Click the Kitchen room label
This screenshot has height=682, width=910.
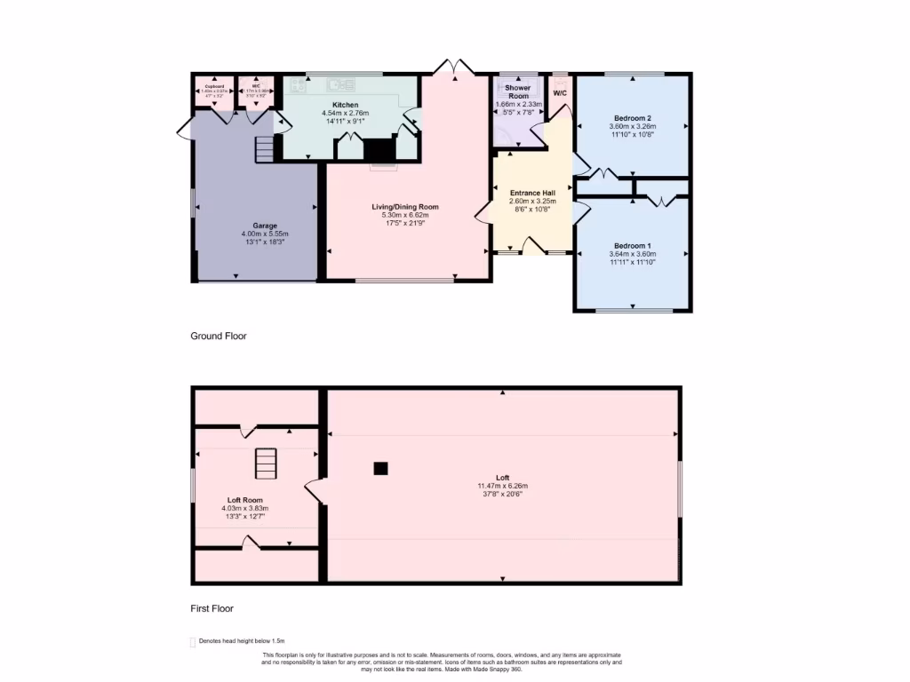[x=346, y=105]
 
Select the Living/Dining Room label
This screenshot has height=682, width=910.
[x=405, y=207]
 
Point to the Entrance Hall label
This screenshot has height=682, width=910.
[x=532, y=193]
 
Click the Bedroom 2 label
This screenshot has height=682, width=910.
[x=632, y=118]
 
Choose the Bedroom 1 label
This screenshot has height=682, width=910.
[x=632, y=245]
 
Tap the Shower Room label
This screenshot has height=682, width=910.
[x=517, y=91]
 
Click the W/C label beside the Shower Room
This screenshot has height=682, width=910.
[x=560, y=92]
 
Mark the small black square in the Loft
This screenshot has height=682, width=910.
[x=380, y=468]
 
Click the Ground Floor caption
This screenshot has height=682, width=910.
[x=219, y=337]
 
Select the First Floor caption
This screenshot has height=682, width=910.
[x=212, y=608]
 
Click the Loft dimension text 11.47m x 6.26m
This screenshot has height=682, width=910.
[x=503, y=486]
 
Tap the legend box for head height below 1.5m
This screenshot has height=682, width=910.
[x=193, y=642]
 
